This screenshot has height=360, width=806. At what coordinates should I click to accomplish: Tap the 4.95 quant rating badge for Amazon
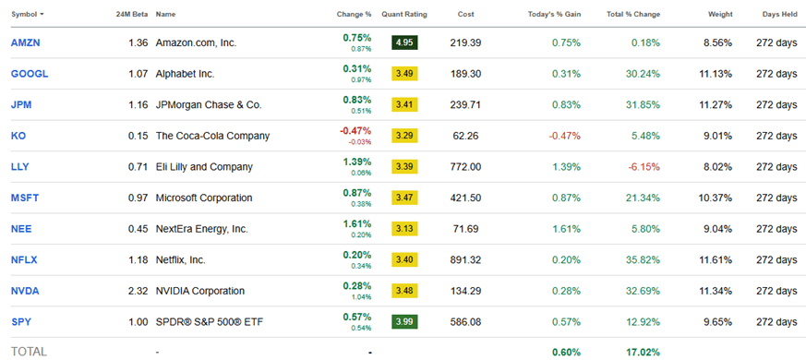pyautogui.click(x=403, y=42)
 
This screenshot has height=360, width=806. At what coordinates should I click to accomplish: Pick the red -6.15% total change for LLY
pyautogui.click(x=644, y=167)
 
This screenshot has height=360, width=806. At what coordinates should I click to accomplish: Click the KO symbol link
pyautogui.click(x=18, y=136)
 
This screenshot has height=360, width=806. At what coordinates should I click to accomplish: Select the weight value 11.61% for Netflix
pyautogui.click(x=716, y=260)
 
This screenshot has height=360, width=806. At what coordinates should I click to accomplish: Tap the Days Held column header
pyautogui.click(x=776, y=15)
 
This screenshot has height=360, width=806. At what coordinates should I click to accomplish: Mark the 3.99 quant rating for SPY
pyautogui.click(x=403, y=322)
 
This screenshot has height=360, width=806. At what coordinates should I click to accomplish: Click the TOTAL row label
pyautogui.click(x=28, y=352)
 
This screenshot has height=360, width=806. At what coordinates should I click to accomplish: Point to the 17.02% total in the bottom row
pyautogui.click(x=644, y=352)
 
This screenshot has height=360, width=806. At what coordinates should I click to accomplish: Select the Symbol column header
pyautogui.click(x=28, y=15)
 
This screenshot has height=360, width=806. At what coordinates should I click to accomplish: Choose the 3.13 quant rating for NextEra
pyautogui.click(x=403, y=229)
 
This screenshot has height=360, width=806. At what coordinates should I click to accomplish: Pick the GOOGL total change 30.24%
pyautogui.click(x=644, y=74)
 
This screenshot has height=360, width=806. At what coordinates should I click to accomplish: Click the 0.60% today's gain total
pyautogui.click(x=566, y=352)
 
